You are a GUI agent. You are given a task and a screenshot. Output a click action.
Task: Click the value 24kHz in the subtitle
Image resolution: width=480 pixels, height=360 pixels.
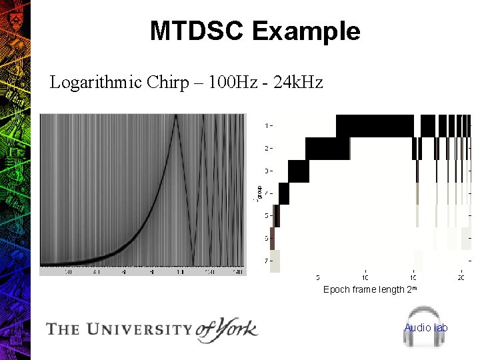coord(297,83)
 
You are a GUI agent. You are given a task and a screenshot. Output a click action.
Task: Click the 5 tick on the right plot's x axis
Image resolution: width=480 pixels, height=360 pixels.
coord(318,277)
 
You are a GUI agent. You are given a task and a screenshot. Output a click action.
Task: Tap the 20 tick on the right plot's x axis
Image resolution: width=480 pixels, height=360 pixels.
coord(461,277)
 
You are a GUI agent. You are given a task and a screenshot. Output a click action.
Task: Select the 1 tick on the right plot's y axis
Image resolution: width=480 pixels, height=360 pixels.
coord(267,125)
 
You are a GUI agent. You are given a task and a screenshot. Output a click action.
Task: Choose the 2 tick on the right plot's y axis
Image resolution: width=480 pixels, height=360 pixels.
coord(267,148)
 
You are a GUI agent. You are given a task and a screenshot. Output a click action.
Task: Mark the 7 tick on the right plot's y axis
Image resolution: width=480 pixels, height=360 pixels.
coord(267,261)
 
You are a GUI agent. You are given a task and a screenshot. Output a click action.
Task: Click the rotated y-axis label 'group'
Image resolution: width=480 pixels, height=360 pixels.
coord(258,193)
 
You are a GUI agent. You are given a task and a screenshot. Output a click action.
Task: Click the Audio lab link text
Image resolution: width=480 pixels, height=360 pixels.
coord(426,327)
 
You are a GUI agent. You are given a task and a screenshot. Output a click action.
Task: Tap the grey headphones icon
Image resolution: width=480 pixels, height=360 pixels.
coord(426,327)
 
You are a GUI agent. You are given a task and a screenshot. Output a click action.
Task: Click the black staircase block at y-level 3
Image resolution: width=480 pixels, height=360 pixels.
coord(299,171)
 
